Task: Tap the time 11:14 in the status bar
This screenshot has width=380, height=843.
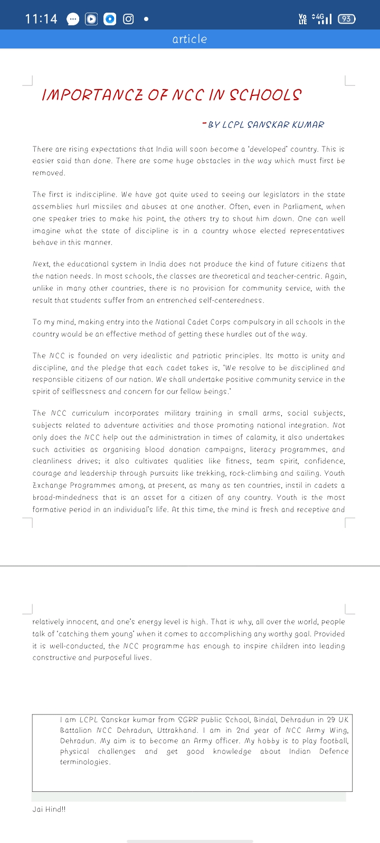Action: click(x=41, y=19)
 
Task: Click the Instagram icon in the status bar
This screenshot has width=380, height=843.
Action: click(x=128, y=19)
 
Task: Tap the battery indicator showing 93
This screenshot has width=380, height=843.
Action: click(x=346, y=19)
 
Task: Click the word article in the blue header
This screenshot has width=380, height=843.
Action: click(x=189, y=39)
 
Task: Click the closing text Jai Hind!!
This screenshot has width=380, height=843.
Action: click(x=49, y=809)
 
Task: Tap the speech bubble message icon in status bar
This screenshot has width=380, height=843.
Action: click(x=73, y=19)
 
